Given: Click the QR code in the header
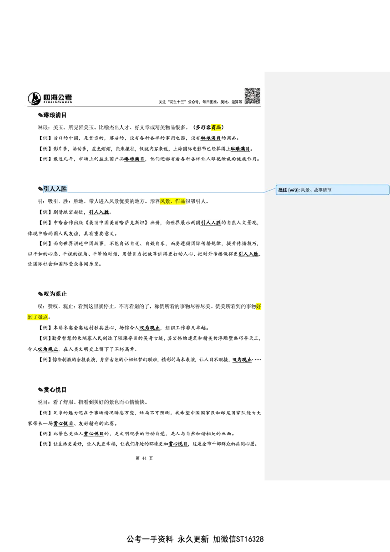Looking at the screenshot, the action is pos(253,96).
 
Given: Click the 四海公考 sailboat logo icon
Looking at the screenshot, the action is pos(35,98).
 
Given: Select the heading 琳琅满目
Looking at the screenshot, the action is pos(55,115).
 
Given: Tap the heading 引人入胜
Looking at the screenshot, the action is pos(55,189).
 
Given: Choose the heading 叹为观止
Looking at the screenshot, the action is pos(55,294).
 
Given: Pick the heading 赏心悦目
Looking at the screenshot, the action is pos(55,389).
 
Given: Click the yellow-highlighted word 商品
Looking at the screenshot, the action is pos(216,127).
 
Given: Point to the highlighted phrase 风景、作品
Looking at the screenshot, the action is pos(173,201).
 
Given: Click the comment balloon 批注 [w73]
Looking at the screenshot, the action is pos(332,190).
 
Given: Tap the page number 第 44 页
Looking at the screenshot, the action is pos(144,458).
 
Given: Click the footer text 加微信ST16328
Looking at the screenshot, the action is pos(238,539).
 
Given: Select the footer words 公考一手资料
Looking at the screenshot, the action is pos(150,539).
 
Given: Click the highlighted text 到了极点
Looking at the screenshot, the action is pos(38,317).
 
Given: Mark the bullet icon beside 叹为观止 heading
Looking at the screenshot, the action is pos(40,294).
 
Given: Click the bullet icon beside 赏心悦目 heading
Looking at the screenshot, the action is pos(40,389).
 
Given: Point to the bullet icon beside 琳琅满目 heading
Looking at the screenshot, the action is pos(40,115).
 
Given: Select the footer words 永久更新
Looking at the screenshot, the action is pos(193,539).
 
